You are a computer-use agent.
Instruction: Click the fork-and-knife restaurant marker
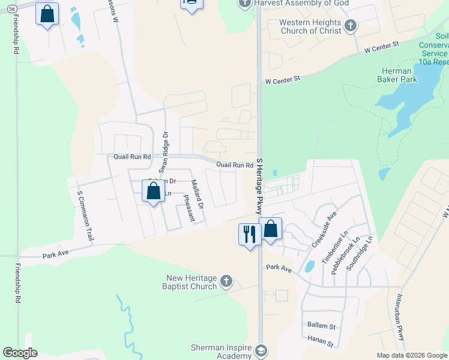point(249,233)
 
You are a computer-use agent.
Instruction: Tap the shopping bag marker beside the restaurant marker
point(271,229)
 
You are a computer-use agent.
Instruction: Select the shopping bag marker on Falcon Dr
point(154,192)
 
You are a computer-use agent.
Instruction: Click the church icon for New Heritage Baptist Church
point(226,281)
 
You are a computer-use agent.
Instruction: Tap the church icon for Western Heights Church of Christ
point(351,26)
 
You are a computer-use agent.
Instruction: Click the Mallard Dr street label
point(197,194)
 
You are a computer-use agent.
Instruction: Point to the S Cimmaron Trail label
point(85,216)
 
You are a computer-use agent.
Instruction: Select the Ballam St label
point(321,326)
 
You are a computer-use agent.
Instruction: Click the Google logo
point(20,353)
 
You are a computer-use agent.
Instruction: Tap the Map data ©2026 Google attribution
point(411,355)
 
